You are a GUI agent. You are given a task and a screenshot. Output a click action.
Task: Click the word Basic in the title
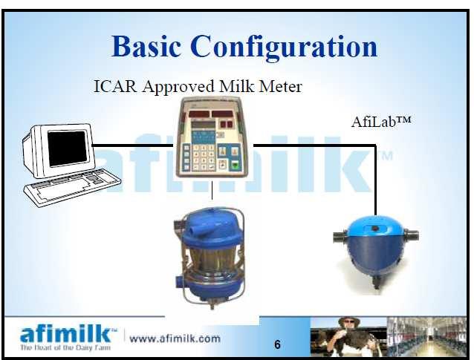click(x=146, y=46)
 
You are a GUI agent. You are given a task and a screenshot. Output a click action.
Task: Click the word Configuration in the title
click(x=284, y=48)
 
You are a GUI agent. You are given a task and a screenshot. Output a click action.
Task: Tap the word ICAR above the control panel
click(x=115, y=86)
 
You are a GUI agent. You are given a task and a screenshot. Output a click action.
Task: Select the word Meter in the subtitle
click(x=281, y=86)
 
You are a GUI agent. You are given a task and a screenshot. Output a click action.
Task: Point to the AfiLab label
click(x=381, y=122)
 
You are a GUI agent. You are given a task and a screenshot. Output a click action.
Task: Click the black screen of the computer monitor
click(x=67, y=148)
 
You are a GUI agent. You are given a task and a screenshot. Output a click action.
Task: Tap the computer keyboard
click(x=72, y=187)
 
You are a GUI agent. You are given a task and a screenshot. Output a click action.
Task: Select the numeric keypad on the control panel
click(x=204, y=157)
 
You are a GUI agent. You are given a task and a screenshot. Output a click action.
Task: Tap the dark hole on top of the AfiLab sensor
click(x=375, y=229)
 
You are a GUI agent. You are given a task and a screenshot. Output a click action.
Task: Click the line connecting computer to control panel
click(x=132, y=145)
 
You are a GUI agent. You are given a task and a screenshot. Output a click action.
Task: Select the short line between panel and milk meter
click(x=212, y=190)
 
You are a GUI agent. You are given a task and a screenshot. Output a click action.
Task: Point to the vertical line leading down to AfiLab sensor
click(x=376, y=180)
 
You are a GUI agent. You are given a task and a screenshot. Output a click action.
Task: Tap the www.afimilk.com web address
click(x=175, y=338)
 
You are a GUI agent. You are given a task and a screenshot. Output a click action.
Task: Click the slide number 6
click(x=277, y=344)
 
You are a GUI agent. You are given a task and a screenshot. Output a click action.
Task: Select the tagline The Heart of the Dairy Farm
click(x=65, y=347)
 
